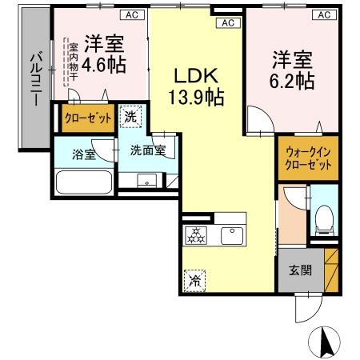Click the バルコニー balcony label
[x=36, y=80]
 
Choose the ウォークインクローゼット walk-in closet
[x=308, y=159]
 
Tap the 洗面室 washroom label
[x=148, y=150]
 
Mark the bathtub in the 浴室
[x=85, y=182]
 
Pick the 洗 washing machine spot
[x=131, y=116]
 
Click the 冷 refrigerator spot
[x=195, y=280]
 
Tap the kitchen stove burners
[x=196, y=234]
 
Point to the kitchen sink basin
[x=232, y=234]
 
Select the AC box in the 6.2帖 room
[x=324, y=14]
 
